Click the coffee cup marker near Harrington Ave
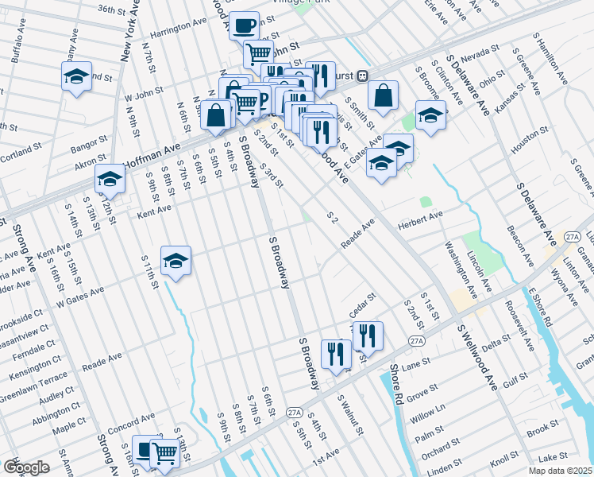point(245,25)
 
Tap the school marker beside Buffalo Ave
point(76,78)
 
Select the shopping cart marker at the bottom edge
point(164,455)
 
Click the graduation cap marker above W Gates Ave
point(175,261)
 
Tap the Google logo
point(27,467)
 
